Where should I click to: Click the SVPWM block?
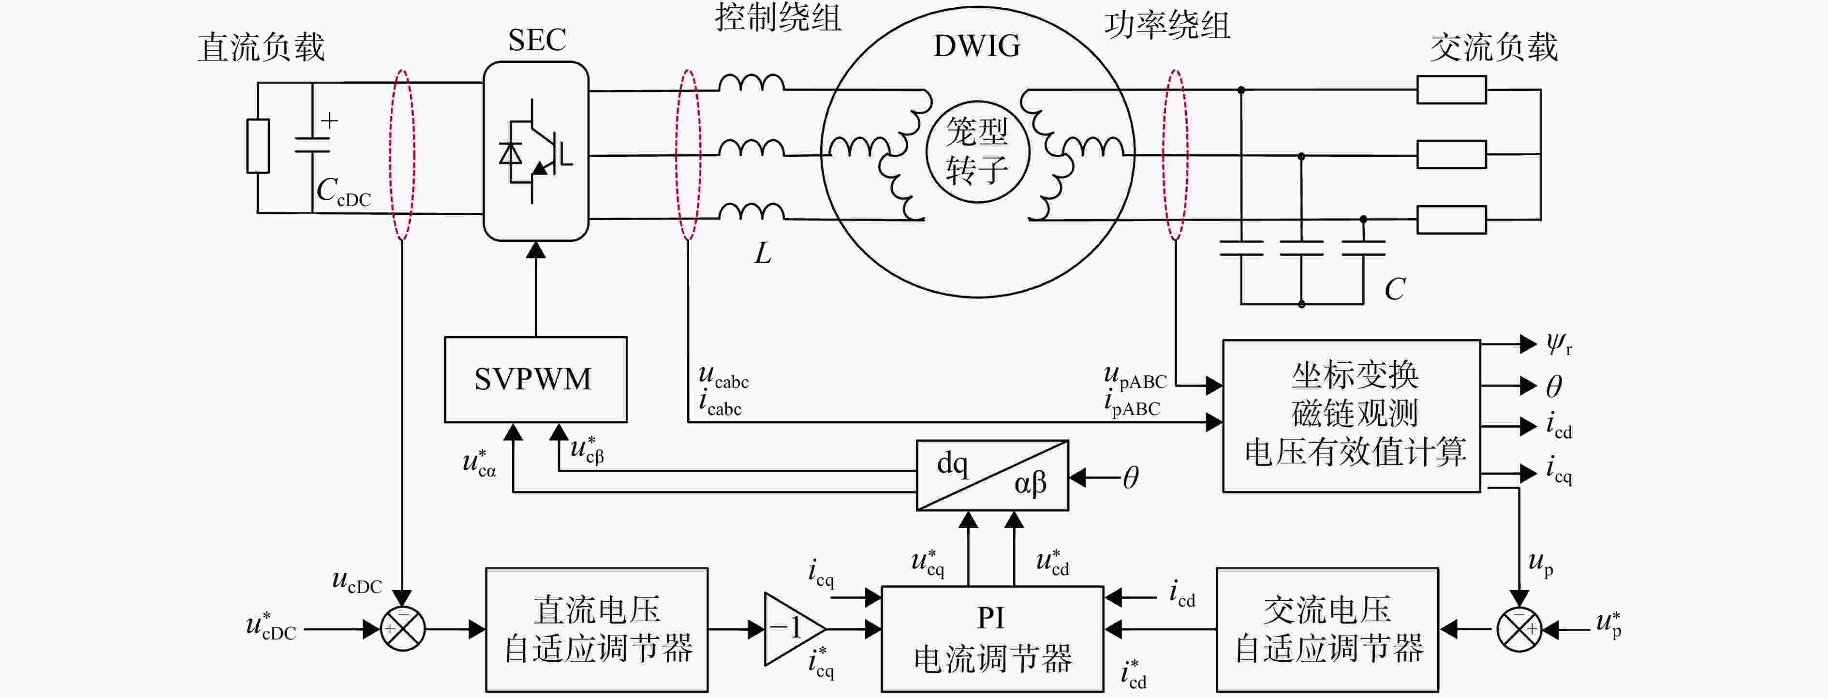pyautogui.click(x=536, y=379)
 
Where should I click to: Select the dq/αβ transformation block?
pyautogui.click(x=992, y=475)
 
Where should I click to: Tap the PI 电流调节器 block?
pyautogui.click(x=992, y=639)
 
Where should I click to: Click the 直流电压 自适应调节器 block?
pyautogui.click(x=597, y=629)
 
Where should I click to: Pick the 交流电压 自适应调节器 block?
pyautogui.click(x=1327, y=629)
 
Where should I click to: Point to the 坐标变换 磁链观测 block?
pyautogui.click(x=1351, y=416)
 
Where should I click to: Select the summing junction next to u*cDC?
pyautogui.click(x=402, y=629)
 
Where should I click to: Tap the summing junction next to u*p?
pyautogui.click(x=1518, y=629)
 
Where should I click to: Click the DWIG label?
pyautogui.click(x=976, y=46)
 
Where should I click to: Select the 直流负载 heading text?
pyautogui.click(x=261, y=47)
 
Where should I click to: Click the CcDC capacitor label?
pyautogui.click(x=343, y=192)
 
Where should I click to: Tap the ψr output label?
pyautogui.click(x=1560, y=345)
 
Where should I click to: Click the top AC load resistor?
pyautogui.click(x=1451, y=90)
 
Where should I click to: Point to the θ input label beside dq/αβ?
pyautogui.click(x=1131, y=478)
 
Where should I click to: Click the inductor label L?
pyautogui.click(x=762, y=253)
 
